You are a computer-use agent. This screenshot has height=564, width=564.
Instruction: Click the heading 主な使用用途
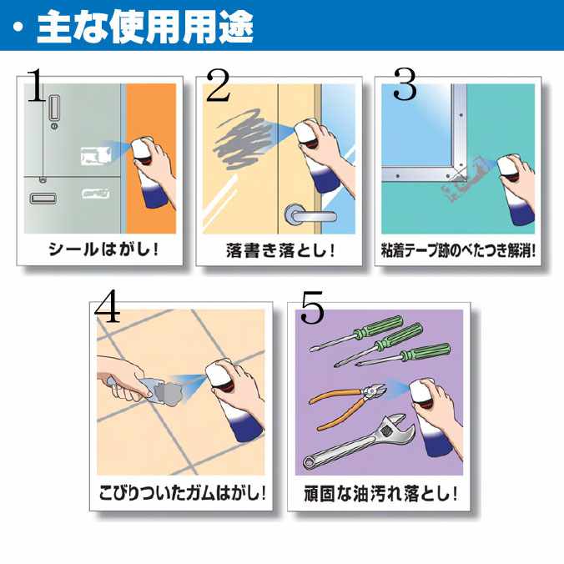pyautogui.click(x=145, y=27)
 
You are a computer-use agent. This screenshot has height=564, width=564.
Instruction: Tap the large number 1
pyautogui.click(x=37, y=85)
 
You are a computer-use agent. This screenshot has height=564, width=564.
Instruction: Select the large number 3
pyautogui.click(x=405, y=84)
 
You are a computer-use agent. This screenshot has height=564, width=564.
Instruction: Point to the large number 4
pyautogui.click(x=107, y=306)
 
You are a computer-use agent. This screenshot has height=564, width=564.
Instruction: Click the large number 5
pyautogui.click(x=312, y=307)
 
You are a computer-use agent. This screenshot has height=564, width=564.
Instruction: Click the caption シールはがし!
pyautogui.click(x=103, y=249)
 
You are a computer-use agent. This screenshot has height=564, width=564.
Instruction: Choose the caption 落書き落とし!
pyautogui.click(x=280, y=250)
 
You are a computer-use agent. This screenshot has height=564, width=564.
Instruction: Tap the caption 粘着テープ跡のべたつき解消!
pyautogui.click(x=458, y=250)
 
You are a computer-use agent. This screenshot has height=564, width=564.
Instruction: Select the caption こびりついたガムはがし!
pyautogui.click(x=183, y=492)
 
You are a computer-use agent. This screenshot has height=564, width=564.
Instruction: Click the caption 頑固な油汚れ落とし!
pyautogui.click(x=380, y=493)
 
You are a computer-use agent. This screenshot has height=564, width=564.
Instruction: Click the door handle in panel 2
pyautogui.click(x=310, y=215)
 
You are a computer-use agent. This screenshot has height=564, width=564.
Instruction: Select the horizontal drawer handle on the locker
pyautogui.click(x=43, y=199)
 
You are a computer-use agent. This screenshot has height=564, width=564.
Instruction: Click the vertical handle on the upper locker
pyautogui.click(x=54, y=107)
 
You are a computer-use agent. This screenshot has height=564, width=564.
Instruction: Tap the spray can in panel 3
pyautogui.click(x=515, y=189)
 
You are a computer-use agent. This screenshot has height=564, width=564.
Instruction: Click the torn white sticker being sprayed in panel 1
pyautogui.click(x=94, y=156)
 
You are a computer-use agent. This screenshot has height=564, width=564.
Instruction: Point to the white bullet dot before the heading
pyautogui.click(x=18, y=28)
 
